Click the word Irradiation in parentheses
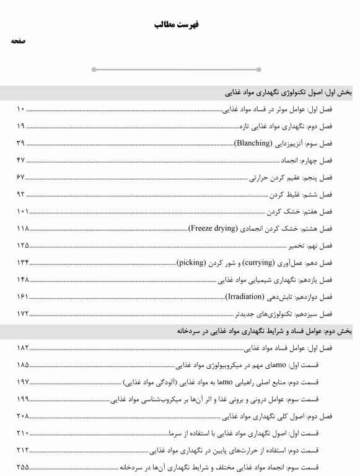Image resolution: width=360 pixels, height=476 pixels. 245,296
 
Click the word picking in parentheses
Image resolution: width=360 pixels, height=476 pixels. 191,262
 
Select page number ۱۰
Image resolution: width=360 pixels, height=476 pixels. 20,110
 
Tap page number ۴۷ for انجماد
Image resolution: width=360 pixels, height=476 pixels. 20,161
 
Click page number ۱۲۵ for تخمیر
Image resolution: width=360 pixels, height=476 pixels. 23,245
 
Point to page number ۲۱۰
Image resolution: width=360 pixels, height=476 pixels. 23,433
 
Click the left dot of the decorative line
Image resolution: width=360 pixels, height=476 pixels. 94,69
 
